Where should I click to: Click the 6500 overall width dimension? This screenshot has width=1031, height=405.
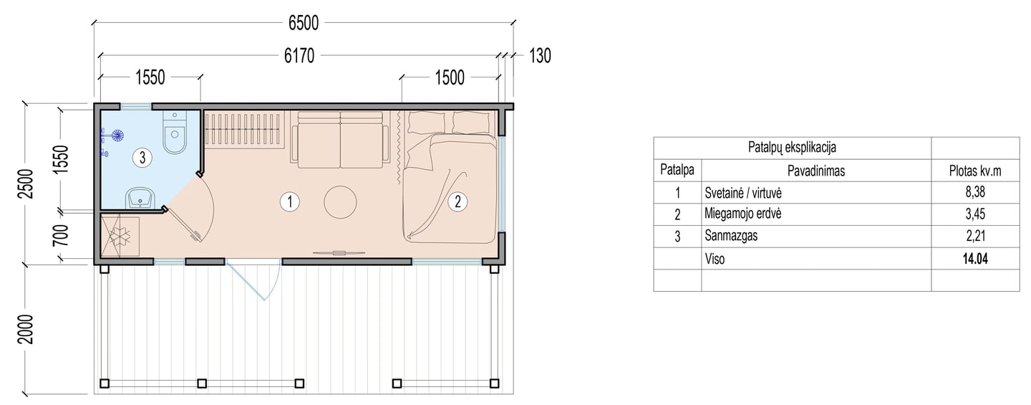point(304,22)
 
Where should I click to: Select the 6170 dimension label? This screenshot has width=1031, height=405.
point(299,56)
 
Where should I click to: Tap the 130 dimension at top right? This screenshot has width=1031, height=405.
point(540,56)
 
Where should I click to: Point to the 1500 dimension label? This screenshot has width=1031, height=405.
point(450,77)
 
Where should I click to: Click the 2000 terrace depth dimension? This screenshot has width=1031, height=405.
point(26,329)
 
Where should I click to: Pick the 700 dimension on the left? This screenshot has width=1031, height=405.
point(61,235)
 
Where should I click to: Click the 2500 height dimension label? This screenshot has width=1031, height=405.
point(26,184)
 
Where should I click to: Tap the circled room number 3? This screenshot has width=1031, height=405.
point(142,158)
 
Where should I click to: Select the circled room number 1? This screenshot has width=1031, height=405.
point(289,202)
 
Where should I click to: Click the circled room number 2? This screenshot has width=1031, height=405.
point(458,201)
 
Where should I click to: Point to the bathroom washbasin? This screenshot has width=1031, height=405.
point(141,199)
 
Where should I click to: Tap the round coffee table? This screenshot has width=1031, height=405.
point(340,202)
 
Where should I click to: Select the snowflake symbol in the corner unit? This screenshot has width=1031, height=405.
point(120,236)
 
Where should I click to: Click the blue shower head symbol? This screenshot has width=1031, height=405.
point(118,135)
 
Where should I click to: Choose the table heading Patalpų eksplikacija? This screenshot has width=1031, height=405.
point(792,148)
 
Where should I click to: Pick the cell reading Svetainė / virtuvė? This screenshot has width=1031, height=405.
point(743,193)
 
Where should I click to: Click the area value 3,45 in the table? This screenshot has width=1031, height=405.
point(975,214)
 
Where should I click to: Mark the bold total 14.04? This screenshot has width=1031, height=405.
point(975,259)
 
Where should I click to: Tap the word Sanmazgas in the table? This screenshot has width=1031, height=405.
point(731,236)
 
